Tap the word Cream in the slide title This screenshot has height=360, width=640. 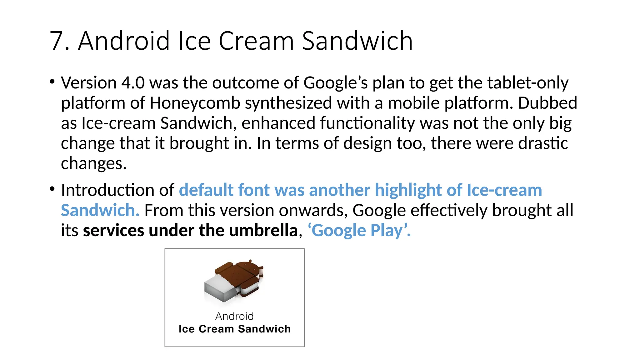pyautogui.click(x=256, y=41)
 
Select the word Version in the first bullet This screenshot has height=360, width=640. pyautogui.click(x=89, y=83)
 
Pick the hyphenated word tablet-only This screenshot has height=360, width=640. pyautogui.click(x=528, y=83)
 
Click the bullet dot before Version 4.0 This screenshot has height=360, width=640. pyautogui.click(x=52, y=82)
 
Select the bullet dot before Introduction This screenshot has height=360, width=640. pyautogui.click(x=52, y=189)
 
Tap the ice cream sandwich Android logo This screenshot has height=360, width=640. pyautogui.click(x=234, y=281)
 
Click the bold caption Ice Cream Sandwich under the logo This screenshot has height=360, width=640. pyautogui.click(x=234, y=329)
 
